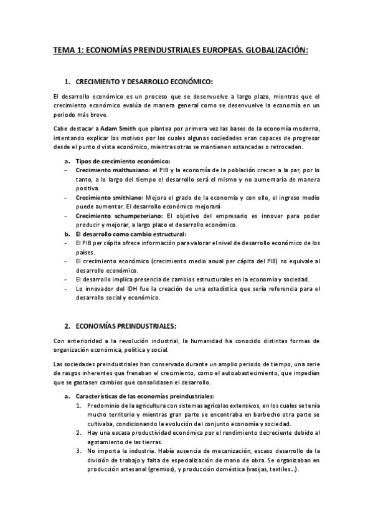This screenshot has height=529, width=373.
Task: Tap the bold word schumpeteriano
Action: coord(133,215)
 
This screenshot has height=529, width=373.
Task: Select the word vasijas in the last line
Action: coord(258,470)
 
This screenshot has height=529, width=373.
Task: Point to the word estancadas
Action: coord(249,147)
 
